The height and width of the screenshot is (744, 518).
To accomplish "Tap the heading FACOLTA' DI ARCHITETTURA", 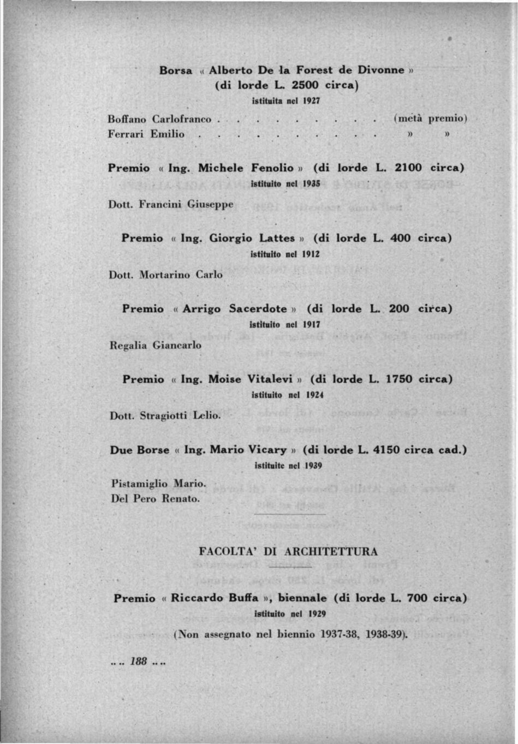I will [288, 551].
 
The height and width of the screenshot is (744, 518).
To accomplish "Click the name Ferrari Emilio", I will [146, 134].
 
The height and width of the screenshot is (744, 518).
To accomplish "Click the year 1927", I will [311, 101].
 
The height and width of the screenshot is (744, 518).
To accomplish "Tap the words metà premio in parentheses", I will [431, 118].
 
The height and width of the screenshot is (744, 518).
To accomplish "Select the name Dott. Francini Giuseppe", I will [171, 205].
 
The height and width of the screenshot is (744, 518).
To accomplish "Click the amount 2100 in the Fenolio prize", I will [408, 168].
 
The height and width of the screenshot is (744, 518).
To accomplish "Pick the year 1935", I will [311, 184].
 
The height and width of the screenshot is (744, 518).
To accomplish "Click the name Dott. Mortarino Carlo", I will [166, 275].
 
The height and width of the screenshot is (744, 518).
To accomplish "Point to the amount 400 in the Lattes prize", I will [401, 238].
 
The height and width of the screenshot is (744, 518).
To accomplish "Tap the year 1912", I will [311, 254].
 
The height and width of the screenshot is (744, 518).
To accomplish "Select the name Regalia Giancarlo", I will [156, 346].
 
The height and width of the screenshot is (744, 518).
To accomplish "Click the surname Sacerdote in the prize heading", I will [258, 309].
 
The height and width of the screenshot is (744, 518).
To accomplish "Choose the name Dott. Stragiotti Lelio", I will [165, 416].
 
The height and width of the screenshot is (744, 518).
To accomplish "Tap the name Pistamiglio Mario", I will [158, 484].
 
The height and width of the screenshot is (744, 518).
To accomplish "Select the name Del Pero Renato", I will [156, 499].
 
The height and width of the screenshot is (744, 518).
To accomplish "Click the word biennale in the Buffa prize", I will [302, 598].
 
